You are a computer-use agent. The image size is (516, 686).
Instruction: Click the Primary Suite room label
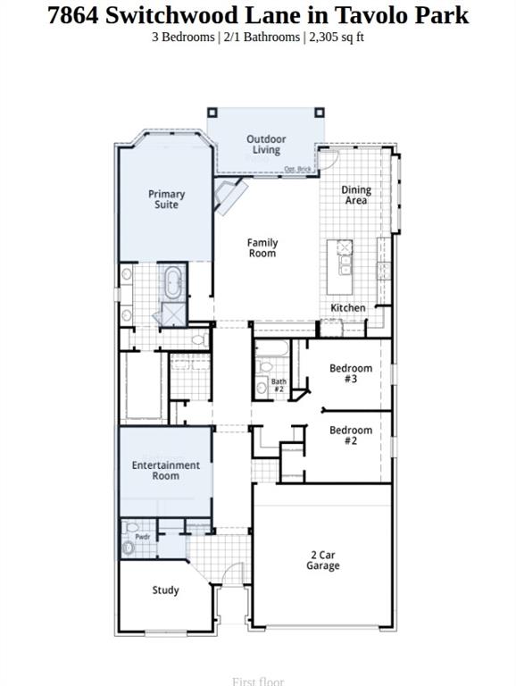166,199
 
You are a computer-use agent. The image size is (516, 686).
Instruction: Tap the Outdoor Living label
266,145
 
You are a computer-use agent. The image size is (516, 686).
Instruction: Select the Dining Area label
356,196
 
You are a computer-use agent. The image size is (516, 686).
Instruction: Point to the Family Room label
262,248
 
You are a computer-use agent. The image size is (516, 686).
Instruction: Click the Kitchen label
348,308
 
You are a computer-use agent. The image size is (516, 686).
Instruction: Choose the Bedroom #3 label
351,373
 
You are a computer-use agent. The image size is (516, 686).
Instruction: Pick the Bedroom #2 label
351,435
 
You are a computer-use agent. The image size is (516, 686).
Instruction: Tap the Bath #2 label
279,386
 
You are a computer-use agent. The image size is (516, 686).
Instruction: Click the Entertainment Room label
166,471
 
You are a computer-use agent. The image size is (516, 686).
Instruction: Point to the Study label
165,590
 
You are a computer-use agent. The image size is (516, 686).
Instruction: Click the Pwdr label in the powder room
142,537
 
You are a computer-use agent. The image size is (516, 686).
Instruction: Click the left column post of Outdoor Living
212,113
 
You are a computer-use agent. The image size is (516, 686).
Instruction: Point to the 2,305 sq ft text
336,38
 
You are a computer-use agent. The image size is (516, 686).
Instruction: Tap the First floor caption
258,682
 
